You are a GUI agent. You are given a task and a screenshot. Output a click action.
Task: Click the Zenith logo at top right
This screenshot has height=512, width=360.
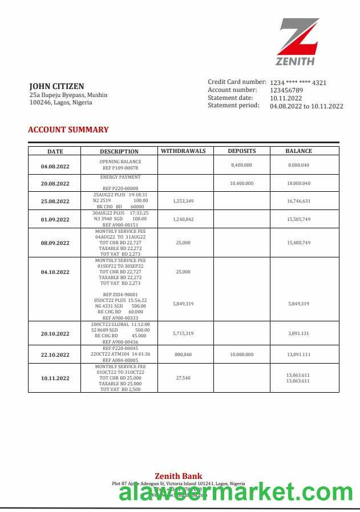coord(298,42)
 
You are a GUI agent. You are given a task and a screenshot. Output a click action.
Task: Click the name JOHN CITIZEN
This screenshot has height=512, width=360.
coord(56,86)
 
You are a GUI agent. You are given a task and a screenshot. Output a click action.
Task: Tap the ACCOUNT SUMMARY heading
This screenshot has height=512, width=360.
coord(68,130)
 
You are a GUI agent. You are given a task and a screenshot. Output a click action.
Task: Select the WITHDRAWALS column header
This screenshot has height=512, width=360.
coord(183,151)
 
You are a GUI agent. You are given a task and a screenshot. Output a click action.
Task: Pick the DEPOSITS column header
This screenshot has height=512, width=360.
coord(242,151)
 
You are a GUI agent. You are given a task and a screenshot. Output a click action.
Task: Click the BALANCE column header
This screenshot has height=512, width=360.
coord(299,151)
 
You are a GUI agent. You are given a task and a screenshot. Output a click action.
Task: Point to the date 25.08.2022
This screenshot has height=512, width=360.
coord(55,201)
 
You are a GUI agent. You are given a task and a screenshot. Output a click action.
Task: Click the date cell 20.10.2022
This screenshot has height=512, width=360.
coord(55,334)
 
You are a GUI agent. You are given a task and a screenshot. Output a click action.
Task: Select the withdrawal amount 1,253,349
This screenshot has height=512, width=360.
coord(183,201)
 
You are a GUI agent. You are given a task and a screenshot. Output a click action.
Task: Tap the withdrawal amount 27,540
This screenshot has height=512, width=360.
coord(183,378)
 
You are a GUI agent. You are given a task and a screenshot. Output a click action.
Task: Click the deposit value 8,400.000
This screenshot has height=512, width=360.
coord(241,165)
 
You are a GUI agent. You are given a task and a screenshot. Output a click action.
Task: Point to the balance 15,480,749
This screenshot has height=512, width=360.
coord(299,243)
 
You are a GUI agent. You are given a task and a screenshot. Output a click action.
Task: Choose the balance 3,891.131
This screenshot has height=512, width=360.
coord(299,333)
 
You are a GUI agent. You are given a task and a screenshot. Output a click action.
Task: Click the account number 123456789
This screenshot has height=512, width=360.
coord(286,90)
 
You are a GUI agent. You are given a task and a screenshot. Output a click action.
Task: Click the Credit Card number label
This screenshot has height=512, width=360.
coord(237,82)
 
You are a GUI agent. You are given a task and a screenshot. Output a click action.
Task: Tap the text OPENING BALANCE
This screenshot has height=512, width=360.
coord(120,162)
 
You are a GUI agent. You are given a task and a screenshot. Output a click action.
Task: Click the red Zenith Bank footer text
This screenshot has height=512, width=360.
coord(179,476)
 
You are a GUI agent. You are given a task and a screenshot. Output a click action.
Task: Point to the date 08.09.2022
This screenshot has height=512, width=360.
coord(55,243)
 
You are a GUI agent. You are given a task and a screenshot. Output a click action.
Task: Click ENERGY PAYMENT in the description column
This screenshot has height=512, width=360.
coord(120,178)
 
